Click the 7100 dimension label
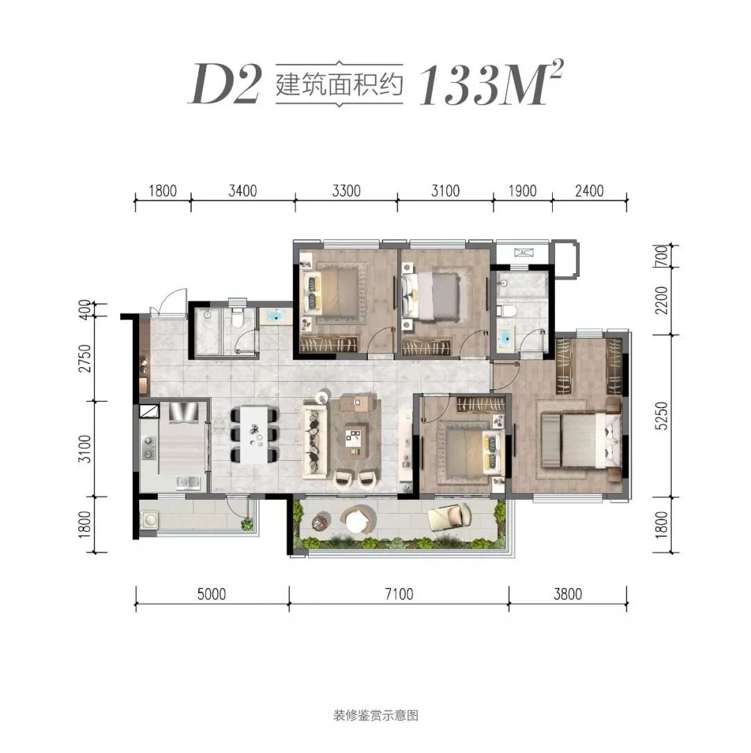(399, 594)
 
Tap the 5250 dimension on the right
(661, 416)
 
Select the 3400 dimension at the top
(243, 191)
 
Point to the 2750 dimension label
(85, 358)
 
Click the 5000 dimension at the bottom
(211, 594)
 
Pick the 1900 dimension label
(522, 191)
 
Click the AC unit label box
(524, 252)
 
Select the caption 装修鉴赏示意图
(375, 715)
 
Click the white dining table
(254, 435)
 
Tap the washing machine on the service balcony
(150, 519)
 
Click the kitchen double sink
(188, 482)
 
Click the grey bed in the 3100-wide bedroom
(436, 294)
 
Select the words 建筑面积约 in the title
(339, 85)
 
